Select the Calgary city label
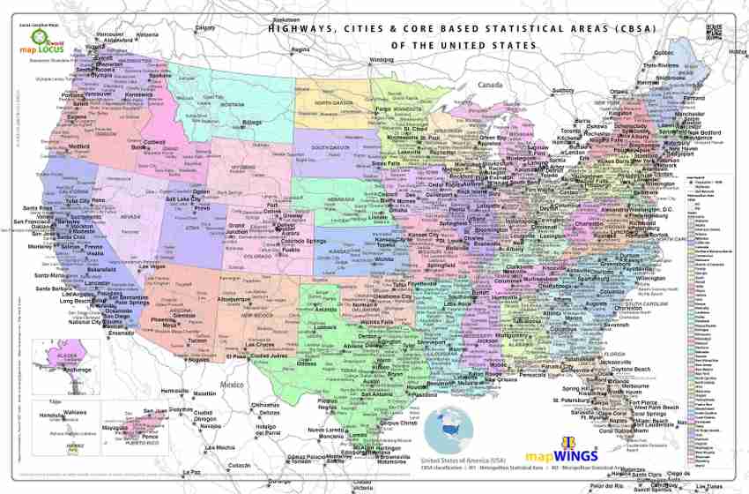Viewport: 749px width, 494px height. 204,28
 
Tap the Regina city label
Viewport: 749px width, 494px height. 301,49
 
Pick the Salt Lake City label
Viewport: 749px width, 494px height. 184,199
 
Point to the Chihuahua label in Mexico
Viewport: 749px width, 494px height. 265,405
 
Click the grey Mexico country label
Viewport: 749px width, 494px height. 232,385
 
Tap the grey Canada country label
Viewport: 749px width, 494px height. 488,85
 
